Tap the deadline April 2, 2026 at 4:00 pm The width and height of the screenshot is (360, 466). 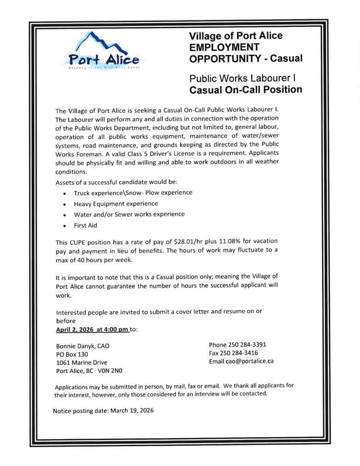92,330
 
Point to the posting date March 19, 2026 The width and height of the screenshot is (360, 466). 131,411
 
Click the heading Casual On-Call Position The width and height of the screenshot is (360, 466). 246,90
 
